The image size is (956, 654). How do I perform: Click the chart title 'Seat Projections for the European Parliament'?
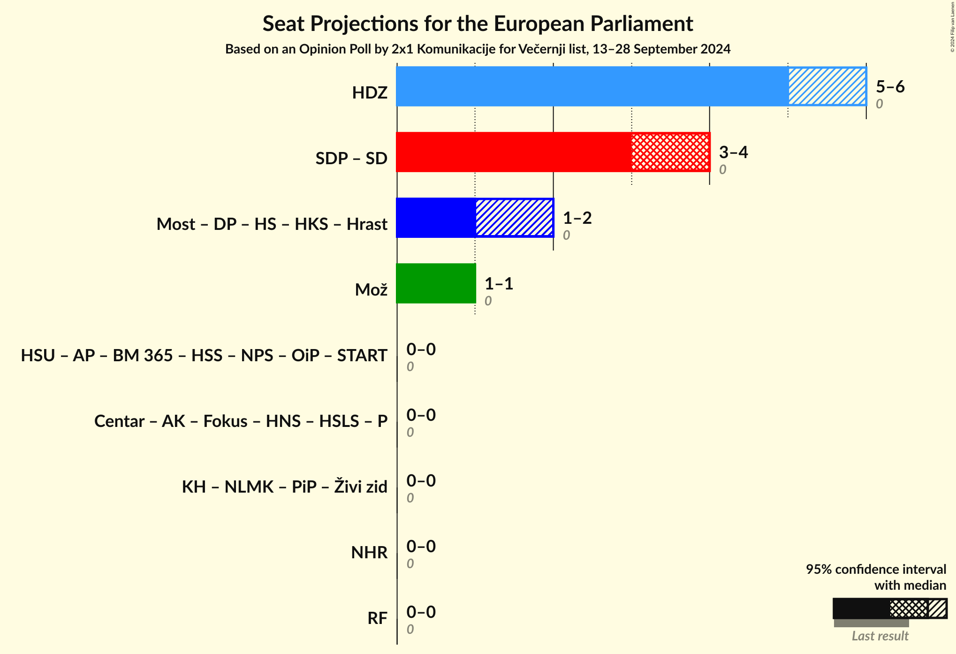[x=478, y=24]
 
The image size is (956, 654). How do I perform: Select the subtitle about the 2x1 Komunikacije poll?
[x=478, y=49]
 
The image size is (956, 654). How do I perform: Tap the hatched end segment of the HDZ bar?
[x=827, y=86]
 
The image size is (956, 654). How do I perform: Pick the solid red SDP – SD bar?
[x=514, y=152]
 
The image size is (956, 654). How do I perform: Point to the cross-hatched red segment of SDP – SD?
[x=670, y=152]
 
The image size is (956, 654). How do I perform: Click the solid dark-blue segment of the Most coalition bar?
[x=436, y=218]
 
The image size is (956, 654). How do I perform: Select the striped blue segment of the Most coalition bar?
[x=514, y=218]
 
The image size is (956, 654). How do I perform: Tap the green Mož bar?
[x=436, y=283]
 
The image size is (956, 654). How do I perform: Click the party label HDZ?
[x=370, y=93]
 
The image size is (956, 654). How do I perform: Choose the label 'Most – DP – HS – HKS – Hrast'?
[x=272, y=224]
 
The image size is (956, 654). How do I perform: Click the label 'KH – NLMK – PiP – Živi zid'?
[x=284, y=487]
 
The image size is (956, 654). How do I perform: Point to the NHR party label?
[x=369, y=553]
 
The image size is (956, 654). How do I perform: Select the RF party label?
[x=377, y=618]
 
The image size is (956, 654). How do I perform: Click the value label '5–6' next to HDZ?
[x=890, y=87]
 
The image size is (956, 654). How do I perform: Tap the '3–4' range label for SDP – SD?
[x=733, y=152]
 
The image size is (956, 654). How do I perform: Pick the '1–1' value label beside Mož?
[x=499, y=284]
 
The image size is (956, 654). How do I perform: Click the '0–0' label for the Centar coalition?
[x=421, y=415]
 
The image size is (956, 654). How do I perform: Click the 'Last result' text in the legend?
[x=880, y=636]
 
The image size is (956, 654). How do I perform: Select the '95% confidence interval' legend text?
[x=876, y=570]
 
